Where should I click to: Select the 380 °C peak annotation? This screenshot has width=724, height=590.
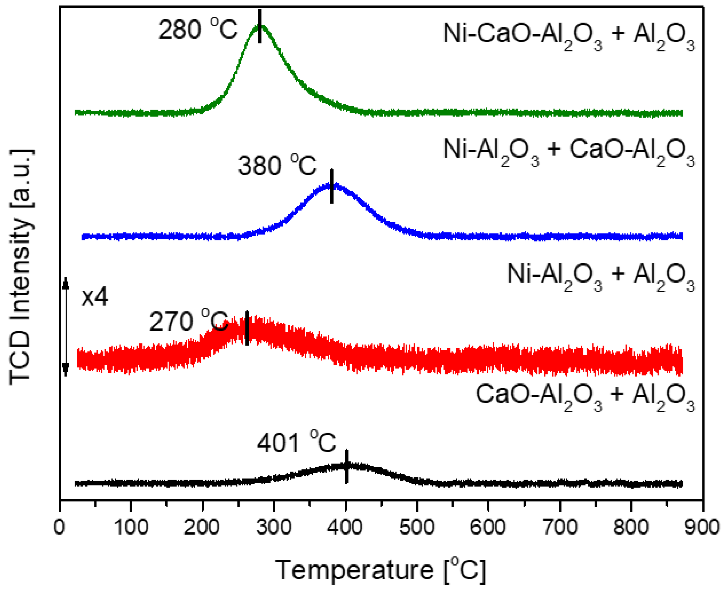pos(277,166)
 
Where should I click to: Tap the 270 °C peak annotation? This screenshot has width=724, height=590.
pos(189,321)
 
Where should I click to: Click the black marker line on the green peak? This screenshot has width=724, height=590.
pos(259,26)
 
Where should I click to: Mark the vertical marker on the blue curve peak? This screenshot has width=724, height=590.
pos(331,186)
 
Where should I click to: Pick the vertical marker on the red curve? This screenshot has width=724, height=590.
pos(247,328)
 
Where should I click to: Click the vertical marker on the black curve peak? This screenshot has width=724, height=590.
pos(346,466)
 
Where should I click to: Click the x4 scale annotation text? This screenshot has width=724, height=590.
pos(95,297)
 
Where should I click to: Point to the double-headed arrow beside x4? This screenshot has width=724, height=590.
pos(66,327)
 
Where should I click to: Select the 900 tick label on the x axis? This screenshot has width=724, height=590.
pos(702,527)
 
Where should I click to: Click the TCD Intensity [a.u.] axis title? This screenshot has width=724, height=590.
pos(21,267)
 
